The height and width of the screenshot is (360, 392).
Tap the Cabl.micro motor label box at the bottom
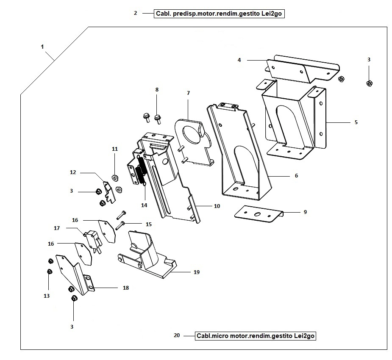[256, 336]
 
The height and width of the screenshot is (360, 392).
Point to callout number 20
[177, 335]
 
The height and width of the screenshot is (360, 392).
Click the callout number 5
[356, 122]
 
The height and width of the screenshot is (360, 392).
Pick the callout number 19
[196, 272]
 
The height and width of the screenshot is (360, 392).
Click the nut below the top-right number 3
[369, 83]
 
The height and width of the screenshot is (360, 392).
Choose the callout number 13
[47, 296]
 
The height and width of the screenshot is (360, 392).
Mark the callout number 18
[126, 288]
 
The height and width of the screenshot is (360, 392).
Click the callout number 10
[217, 206]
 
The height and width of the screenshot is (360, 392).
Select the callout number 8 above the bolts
[157, 90]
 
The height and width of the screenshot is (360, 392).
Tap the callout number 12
[73, 172]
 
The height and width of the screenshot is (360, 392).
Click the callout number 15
[148, 224]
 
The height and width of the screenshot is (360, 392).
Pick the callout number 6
[296, 175]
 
